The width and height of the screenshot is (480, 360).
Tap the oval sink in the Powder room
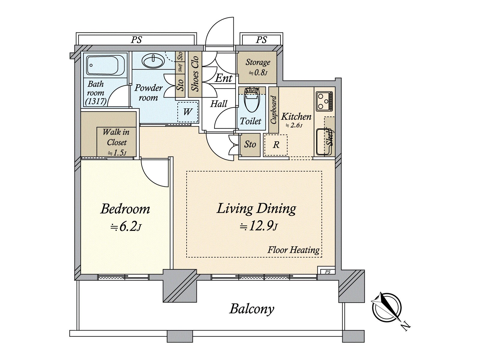pos(153,61)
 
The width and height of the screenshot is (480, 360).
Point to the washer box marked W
pos(187,112)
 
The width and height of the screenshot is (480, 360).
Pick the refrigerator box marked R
pos(276,145)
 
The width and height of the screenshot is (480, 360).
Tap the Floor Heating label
pos(293,250)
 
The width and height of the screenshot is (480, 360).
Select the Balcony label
pos(252,309)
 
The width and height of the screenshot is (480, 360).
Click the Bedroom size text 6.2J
pos(126,226)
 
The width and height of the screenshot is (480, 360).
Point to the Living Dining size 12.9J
pos(259,226)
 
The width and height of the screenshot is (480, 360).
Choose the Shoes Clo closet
pos(195,74)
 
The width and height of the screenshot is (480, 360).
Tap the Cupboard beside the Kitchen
pos(274,110)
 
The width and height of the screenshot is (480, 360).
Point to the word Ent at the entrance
pos(223,78)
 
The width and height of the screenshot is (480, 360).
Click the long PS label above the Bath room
pos(136,40)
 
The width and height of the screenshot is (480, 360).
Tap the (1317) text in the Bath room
pos(96,101)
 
